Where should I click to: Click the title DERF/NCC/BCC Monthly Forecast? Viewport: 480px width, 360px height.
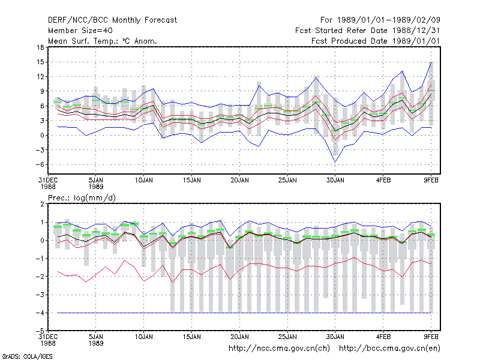(112, 20)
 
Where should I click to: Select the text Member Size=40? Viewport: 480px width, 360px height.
(80, 31)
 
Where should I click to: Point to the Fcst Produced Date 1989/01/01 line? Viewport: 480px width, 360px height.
(376, 41)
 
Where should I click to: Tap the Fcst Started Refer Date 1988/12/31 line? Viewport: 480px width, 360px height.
(367, 31)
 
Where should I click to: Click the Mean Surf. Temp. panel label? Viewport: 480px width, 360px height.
(102, 41)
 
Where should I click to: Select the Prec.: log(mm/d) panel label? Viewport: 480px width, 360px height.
(82, 198)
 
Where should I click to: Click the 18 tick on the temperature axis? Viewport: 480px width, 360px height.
(40, 47)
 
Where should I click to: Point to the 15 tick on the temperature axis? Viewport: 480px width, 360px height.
(40, 62)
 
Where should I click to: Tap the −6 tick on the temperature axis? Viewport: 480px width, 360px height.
(40, 164)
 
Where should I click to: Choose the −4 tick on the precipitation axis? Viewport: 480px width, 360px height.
(40, 313)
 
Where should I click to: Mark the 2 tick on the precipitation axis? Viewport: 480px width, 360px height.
(42, 204)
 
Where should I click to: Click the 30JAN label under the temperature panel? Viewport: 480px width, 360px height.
(335, 181)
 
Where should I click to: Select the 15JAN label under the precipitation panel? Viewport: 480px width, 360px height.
(192, 337)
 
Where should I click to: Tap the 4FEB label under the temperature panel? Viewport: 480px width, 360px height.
(383, 181)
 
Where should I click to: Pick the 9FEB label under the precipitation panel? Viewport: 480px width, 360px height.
(431, 337)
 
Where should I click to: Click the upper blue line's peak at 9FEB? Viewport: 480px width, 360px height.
(431, 62)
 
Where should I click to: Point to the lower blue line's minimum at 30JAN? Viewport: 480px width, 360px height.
(335, 162)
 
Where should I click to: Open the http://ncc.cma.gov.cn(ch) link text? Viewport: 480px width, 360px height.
(279, 349)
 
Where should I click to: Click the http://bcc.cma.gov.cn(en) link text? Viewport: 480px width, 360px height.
(389, 349)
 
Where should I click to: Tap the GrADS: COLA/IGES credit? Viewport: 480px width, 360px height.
(28, 356)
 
